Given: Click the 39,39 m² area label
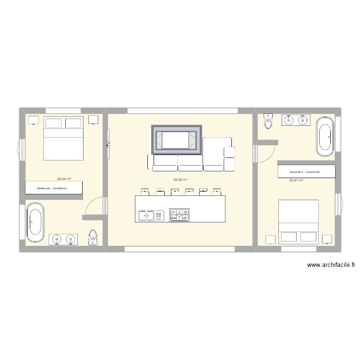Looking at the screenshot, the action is (180, 180).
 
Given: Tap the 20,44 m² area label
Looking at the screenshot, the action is (64, 179).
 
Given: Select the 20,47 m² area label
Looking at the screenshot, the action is (296, 180).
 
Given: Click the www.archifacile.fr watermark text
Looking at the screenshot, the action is (331, 265).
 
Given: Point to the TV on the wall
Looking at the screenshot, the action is (108, 144).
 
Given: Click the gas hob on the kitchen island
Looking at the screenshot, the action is (180, 215).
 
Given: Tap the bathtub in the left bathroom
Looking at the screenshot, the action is (36, 222).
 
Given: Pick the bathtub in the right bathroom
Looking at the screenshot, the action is (325, 137).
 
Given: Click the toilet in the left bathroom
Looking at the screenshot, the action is (93, 237).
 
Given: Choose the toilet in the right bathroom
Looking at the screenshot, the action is (268, 121).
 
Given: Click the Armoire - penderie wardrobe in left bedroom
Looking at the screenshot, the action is (54, 188).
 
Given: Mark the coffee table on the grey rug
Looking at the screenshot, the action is (176, 140).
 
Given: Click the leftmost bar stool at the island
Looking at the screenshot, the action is (145, 192).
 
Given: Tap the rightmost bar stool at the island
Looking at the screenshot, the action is (217, 192).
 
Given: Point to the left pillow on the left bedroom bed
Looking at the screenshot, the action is (53, 123).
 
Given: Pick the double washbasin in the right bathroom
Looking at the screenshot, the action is (296, 120).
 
